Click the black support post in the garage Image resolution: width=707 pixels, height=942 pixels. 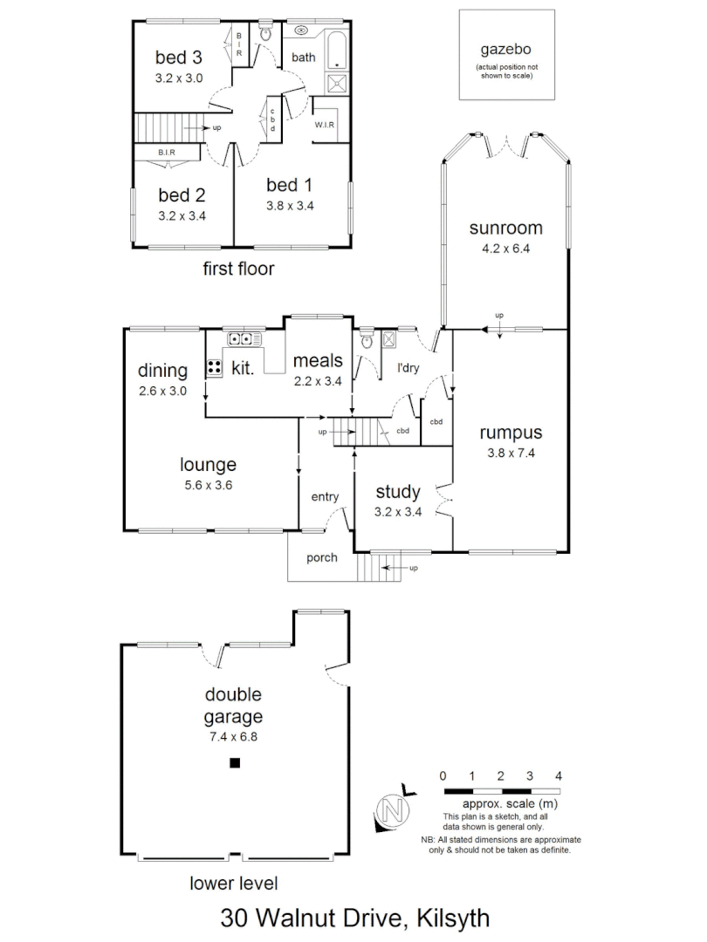point(234,763)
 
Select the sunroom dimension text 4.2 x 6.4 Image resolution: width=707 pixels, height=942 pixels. point(505,247)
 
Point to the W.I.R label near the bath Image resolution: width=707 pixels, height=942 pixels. point(326,124)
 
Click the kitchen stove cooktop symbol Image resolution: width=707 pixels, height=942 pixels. point(214,368)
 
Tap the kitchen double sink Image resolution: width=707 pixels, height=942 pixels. point(240,339)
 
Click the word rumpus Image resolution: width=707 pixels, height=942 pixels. point(511,433)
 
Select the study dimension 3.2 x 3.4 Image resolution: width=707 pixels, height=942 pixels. point(398,512)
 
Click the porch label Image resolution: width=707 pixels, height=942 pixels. point(321,558)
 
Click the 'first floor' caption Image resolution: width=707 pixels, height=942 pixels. point(238,269)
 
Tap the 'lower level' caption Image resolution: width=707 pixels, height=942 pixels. point(234,884)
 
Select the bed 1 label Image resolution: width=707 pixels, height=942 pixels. point(290,185)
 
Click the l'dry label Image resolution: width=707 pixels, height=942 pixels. point(408,368)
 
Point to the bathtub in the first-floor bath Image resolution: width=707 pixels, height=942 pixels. point(337,49)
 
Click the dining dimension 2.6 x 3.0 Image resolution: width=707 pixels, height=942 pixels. point(162,391)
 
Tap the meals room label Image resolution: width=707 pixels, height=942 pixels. point(317,360)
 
